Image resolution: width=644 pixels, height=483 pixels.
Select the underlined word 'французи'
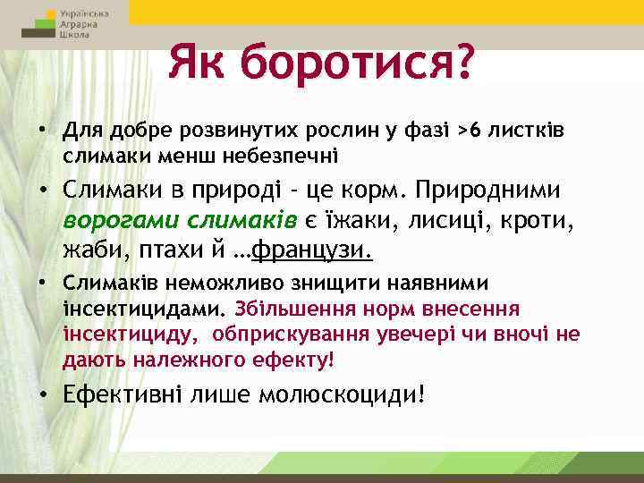[x=315, y=251]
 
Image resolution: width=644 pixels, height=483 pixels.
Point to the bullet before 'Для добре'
[x=43, y=132]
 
